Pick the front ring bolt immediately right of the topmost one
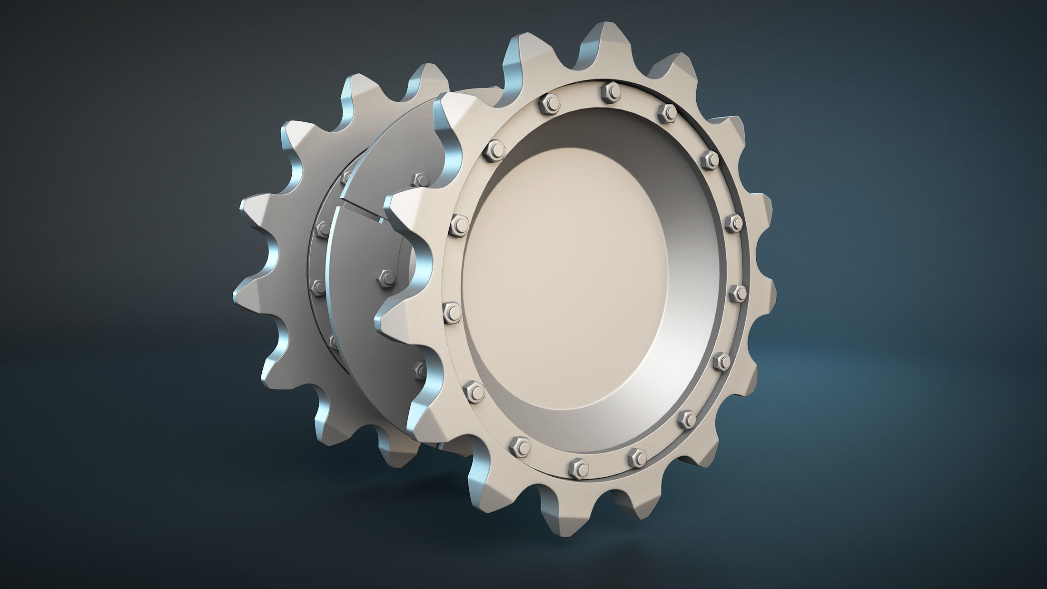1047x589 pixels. pos(668,112)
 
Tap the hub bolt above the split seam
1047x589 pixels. pos(420,178)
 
